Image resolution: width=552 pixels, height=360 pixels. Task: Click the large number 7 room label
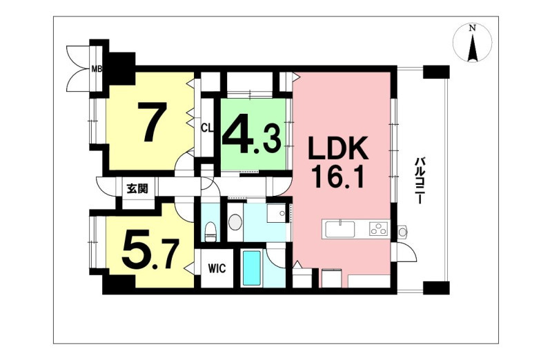point(152,121)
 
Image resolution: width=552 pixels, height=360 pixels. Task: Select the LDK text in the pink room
point(339,148)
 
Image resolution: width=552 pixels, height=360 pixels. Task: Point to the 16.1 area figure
point(338,177)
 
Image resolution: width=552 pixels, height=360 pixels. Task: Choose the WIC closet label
point(217,268)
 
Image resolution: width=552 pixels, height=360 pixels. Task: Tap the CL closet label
point(207,128)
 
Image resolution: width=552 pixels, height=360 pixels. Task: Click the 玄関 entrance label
point(137,190)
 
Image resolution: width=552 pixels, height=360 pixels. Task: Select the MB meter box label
point(97,69)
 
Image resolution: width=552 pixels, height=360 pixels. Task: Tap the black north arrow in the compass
point(473,48)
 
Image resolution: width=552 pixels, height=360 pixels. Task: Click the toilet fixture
point(210,230)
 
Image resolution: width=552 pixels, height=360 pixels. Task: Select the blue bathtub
point(252,267)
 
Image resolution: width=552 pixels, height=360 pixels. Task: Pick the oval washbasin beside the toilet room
point(235,223)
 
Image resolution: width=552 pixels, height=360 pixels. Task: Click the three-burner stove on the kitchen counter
point(379,229)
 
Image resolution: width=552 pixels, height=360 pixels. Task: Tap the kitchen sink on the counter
point(339,229)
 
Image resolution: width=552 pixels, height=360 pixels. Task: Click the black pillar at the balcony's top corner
point(436,72)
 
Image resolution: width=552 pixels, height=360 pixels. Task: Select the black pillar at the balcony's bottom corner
point(436,288)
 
